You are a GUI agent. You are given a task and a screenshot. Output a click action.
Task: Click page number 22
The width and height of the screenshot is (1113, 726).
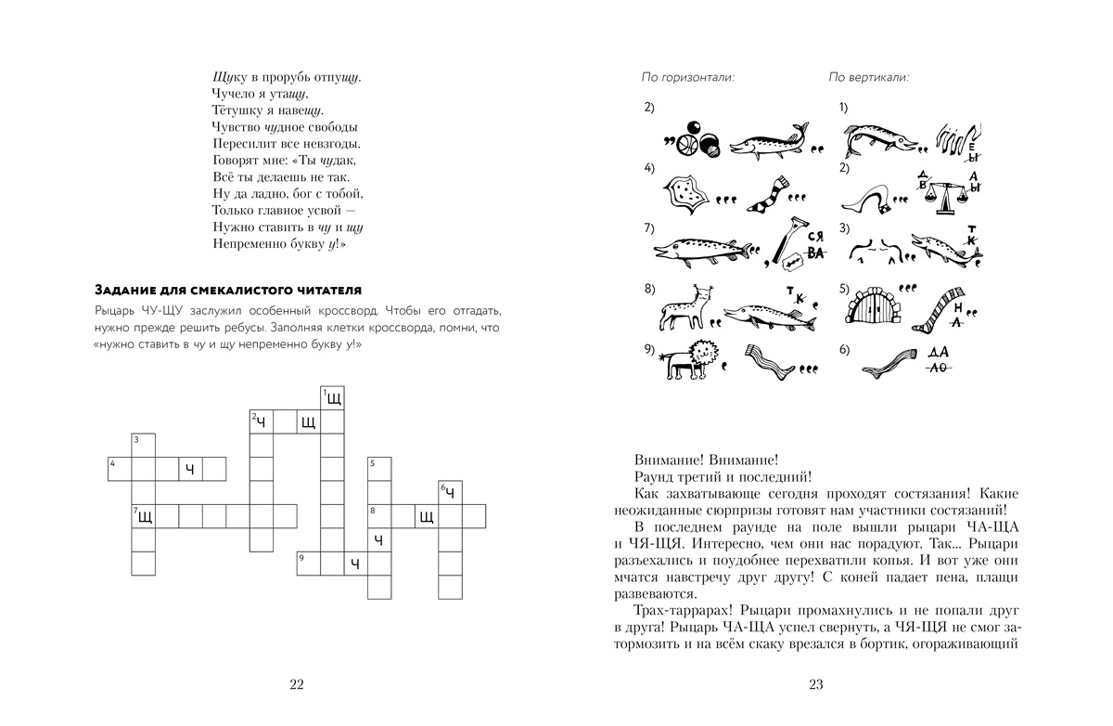(297, 685)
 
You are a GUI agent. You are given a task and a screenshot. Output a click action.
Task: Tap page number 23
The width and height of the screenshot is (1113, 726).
(816, 685)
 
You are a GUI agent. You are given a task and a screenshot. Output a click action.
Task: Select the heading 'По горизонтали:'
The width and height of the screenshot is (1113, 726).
(688, 77)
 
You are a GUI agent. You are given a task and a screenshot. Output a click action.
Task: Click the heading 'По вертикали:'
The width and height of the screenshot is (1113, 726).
(868, 77)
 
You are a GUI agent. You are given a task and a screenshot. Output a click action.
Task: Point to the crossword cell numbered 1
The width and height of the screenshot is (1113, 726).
(332, 398)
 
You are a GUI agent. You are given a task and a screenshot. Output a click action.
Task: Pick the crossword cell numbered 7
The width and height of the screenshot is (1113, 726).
(143, 516)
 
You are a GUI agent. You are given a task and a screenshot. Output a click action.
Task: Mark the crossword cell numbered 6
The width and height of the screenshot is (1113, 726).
(450, 492)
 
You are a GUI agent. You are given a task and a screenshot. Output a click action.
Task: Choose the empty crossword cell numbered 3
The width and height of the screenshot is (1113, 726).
(143, 445)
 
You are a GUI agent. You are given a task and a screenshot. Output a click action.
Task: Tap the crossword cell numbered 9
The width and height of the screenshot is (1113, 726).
(309, 564)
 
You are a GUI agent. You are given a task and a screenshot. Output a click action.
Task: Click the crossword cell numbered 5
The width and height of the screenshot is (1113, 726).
(379, 469)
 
